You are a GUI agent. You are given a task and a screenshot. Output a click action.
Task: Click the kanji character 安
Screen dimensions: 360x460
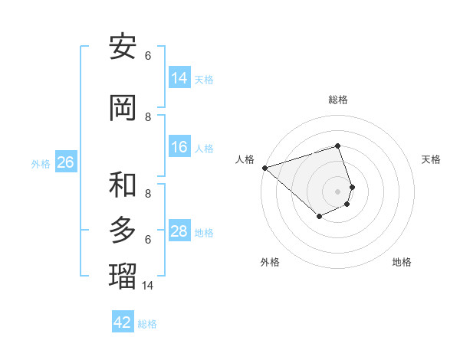point(123,47)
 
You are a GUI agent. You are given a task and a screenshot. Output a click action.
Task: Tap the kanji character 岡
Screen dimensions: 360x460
point(123,108)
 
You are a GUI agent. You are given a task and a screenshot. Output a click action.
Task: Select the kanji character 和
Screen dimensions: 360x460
point(123,185)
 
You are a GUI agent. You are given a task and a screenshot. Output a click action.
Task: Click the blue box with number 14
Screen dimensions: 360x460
point(179,78)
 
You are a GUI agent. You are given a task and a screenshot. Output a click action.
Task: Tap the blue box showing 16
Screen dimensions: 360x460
point(179,147)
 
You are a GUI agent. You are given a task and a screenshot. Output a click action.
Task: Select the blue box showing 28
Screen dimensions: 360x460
point(179,231)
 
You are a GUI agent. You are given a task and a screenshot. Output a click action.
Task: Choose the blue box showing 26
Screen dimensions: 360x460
point(65,162)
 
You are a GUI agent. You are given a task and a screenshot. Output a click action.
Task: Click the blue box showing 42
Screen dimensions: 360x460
point(123,322)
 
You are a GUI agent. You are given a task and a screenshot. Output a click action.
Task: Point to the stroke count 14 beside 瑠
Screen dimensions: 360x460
point(148,286)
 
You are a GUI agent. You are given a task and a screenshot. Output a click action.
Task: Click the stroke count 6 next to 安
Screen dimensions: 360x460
point(148,56)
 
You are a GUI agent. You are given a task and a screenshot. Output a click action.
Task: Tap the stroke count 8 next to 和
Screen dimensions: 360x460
point(148,194)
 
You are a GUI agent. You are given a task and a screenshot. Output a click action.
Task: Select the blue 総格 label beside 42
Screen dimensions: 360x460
point(147,324)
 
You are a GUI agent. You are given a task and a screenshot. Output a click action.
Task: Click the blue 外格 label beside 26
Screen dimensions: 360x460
point(41,163)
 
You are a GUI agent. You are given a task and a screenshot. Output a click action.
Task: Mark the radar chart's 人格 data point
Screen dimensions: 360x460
point(264,168)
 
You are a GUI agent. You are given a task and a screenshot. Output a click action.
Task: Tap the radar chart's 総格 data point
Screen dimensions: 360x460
point(337,146)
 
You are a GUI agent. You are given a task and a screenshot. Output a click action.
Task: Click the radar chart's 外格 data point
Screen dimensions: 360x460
point(320,217)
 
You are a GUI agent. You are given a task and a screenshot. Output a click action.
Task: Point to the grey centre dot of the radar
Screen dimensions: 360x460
point(337,191)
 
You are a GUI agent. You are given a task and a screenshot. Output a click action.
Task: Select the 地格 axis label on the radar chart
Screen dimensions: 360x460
point(402,262)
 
